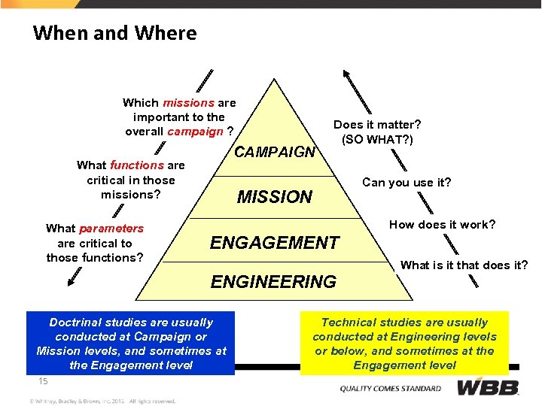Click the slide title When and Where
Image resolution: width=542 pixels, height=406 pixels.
[114, 33]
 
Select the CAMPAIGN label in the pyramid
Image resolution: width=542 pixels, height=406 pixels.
[275, 152]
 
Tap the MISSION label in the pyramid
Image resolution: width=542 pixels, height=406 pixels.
[274, 197]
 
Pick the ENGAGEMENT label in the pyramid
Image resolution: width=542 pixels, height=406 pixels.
[274, 243]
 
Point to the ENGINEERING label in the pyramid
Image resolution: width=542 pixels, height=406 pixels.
[273, 282]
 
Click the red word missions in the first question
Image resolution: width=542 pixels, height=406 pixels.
[189, 102]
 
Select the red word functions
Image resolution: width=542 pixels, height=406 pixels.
[136, 165]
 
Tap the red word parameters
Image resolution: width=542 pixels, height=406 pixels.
[111, 228]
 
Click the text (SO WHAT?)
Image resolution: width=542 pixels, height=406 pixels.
[377, 139]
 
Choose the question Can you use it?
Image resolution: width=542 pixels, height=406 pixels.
[406, 182]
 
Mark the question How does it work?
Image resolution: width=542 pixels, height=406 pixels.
[442, 224]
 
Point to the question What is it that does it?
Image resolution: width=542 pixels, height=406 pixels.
[464, 264]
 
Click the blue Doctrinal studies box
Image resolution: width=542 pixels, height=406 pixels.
[131, 344]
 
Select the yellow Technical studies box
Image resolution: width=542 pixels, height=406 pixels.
[405, 344]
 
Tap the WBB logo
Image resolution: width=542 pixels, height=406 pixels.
[489, 388]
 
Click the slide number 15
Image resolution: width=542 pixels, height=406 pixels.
[43, 381]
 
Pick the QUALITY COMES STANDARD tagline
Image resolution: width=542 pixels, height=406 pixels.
[391, 389]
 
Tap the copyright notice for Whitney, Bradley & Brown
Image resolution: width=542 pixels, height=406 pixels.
[102, 401]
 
